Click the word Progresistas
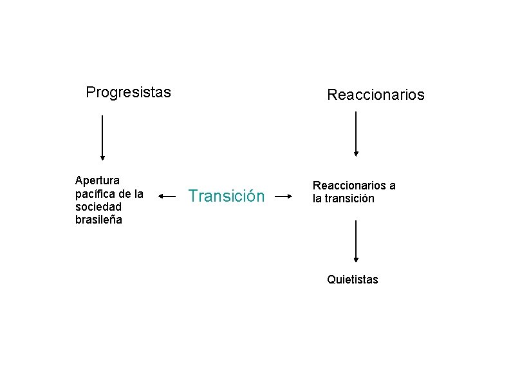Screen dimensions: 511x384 128,92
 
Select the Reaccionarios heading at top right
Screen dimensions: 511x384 376,95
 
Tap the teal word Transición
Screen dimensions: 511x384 226,196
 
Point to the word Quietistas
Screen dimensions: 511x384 353,280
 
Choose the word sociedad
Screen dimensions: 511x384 98,206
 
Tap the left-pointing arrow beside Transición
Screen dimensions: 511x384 167,196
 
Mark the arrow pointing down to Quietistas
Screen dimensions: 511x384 356,241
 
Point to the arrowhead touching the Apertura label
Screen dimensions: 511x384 160,196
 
